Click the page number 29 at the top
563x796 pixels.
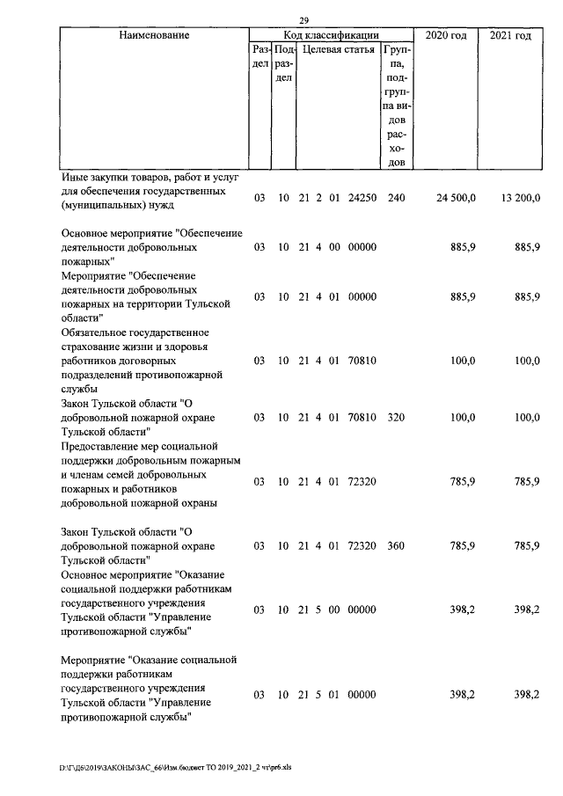tap(303, 20)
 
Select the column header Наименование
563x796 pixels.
tap(153, 35)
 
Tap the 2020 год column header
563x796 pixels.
tap(445, 35)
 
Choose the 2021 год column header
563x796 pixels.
tap(510, 35)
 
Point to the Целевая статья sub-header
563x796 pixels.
tap(339, 49)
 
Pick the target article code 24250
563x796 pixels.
tap(361, 199)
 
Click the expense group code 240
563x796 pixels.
tap(396, 199)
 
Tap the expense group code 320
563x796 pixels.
tap(396, 418)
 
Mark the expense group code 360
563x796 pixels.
tap(396, 546)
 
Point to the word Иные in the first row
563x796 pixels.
tap(75, 177)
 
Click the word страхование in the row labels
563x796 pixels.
tap(93, 346)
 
